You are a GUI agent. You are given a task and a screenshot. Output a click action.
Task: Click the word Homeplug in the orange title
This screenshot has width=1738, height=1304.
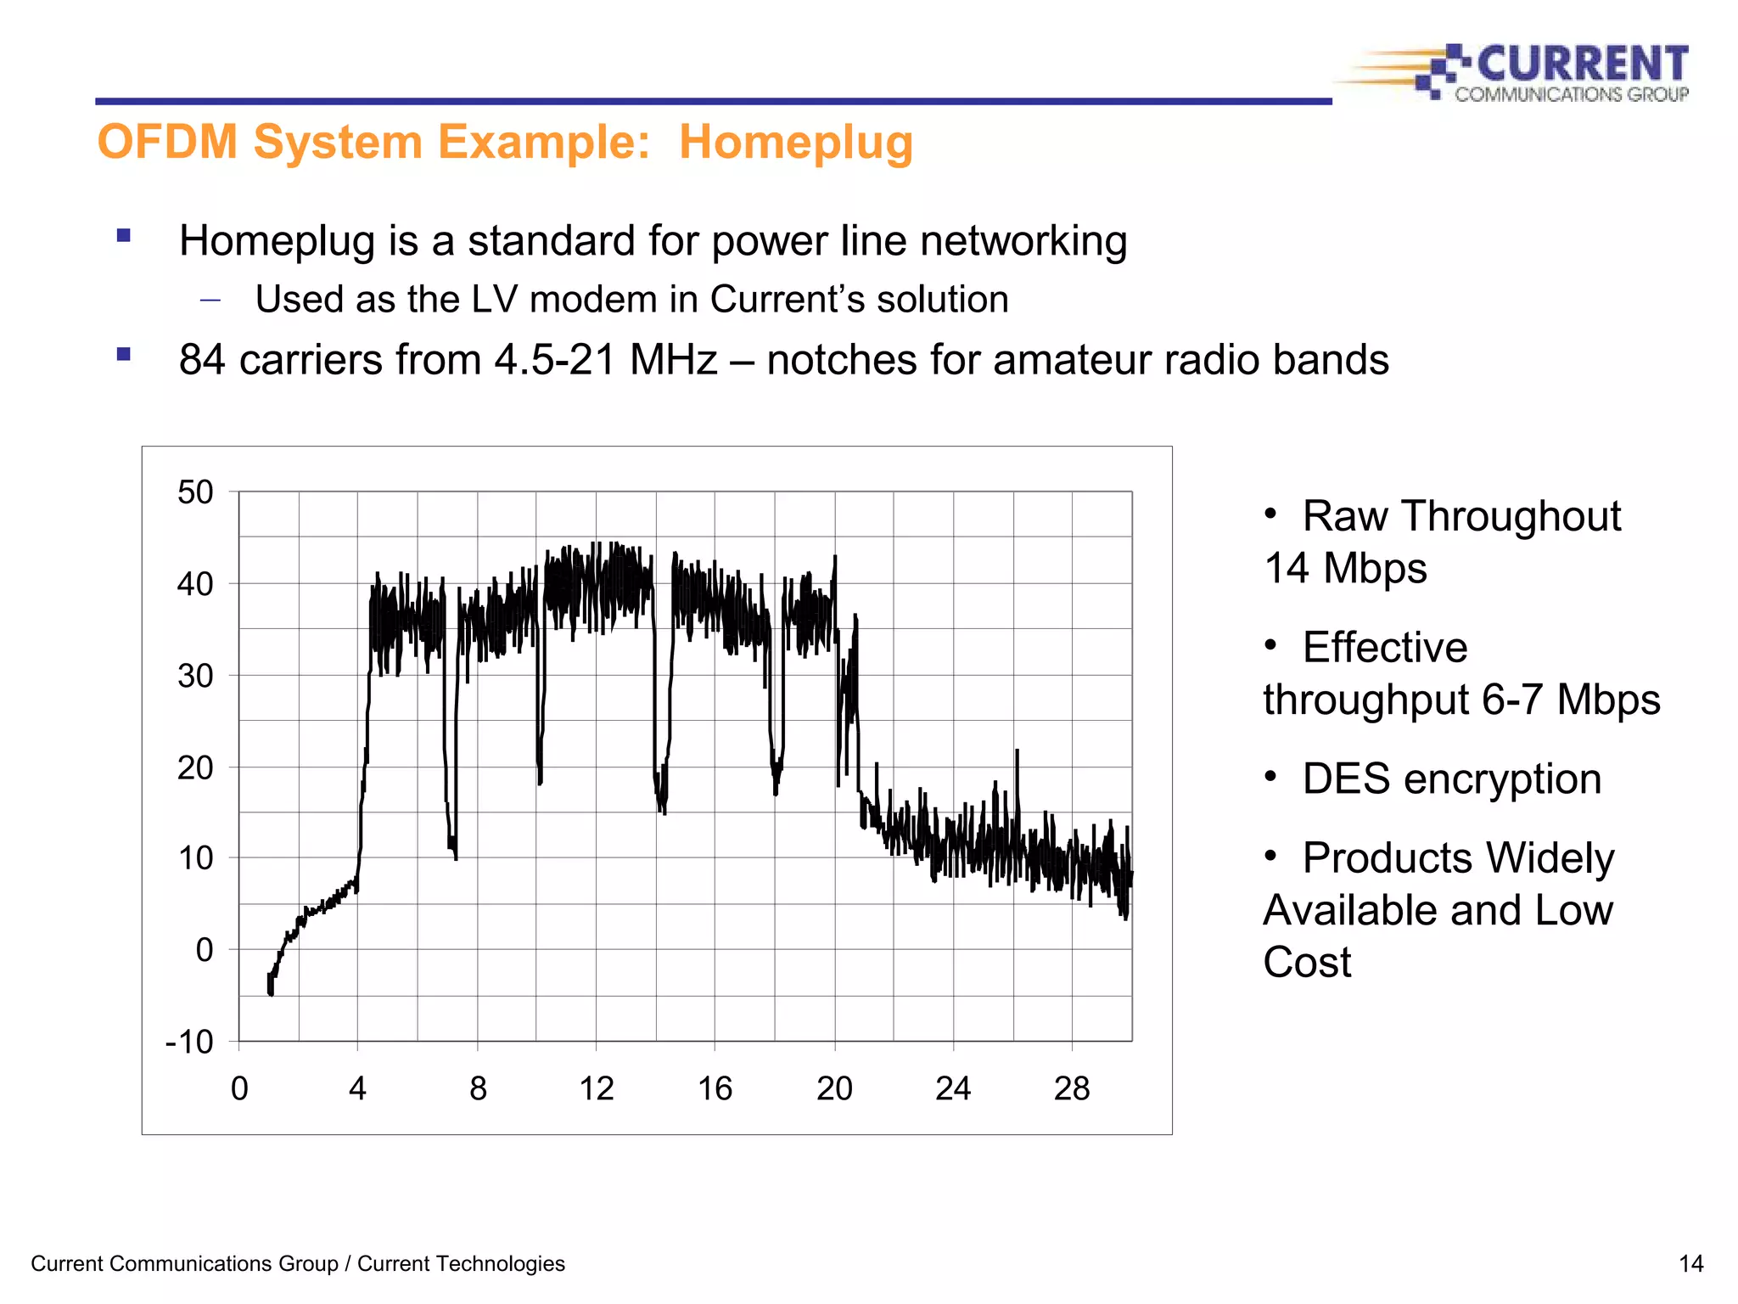point(795,143)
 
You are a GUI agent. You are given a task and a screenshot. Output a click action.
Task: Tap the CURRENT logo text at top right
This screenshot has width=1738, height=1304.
point(1582,65)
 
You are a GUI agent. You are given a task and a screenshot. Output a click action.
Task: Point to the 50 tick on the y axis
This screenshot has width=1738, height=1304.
point(195,492)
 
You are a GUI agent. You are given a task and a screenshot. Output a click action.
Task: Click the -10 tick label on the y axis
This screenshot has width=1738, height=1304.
point(189,1042)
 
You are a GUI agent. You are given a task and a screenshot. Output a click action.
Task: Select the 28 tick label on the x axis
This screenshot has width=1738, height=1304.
point(1071,1088)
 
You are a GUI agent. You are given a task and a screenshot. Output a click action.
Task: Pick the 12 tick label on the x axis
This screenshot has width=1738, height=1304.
point(596,1088)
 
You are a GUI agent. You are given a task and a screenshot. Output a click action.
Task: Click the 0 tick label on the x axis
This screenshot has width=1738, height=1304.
point(239,1088)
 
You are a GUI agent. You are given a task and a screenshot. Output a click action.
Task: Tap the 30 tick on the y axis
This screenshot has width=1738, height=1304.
point(195,677)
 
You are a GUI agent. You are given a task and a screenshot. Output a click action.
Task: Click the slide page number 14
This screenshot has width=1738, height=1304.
point(1690,1264)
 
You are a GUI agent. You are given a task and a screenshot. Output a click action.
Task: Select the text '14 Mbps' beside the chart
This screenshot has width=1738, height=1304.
point(1345,568)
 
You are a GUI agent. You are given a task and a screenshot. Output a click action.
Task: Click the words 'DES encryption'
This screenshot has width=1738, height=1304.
point(1451,778)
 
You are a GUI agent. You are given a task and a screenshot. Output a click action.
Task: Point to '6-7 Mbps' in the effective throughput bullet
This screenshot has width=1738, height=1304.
point(1570,700)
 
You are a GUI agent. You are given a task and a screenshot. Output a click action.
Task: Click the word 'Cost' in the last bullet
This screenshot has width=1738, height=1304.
point(1306,962)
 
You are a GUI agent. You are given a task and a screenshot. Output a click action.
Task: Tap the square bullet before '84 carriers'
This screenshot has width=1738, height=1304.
point(124,355)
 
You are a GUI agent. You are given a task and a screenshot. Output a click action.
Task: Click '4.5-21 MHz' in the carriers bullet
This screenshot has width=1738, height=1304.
point(606,360)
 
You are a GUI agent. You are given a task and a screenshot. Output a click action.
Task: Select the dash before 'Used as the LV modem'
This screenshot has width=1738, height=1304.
point(210,301)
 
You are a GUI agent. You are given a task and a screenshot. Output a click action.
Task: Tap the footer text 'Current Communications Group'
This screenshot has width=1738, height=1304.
point(184,1264)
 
